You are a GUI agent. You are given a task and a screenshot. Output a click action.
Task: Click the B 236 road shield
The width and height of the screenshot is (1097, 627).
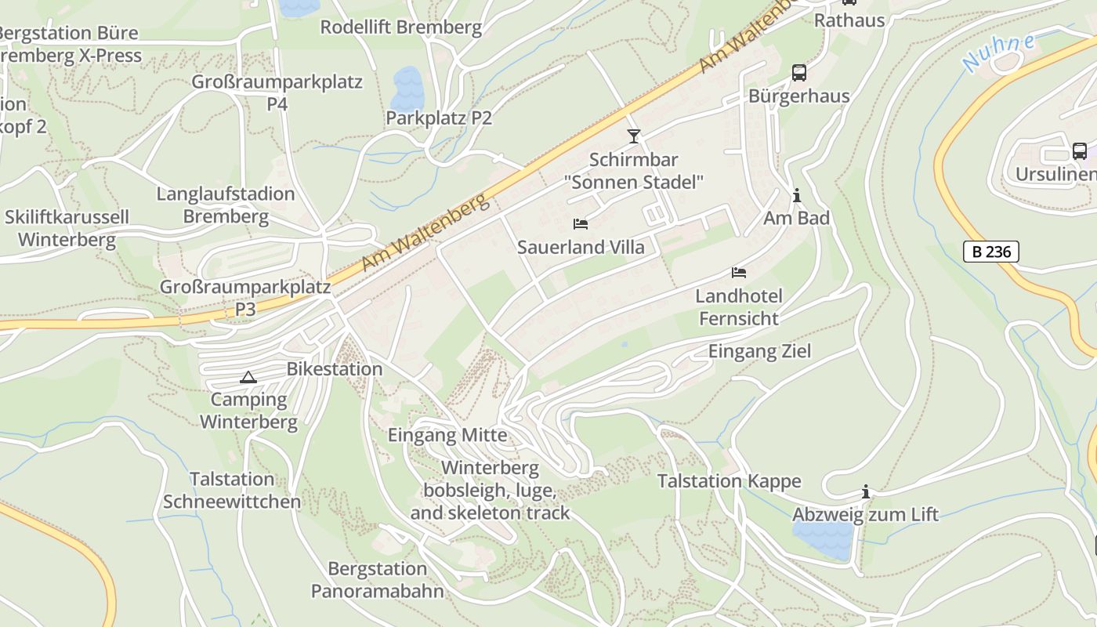(x=990, y=252)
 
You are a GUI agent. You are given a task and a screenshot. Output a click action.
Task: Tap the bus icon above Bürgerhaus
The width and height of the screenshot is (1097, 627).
(x=798, y=73)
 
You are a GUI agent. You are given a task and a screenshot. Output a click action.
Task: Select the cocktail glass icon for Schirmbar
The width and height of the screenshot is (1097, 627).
(x=634, y=136)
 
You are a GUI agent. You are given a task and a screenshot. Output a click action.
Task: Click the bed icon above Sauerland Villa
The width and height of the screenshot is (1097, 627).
(x=581, y=224)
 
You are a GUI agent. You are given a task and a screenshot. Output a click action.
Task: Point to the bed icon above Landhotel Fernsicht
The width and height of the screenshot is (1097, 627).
(x=739, y=273)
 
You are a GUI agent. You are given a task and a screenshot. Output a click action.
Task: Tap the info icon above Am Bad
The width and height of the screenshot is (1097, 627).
(x=797, y=195)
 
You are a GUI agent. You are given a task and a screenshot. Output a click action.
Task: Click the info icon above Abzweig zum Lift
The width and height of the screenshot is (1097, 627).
(x=865, y=491)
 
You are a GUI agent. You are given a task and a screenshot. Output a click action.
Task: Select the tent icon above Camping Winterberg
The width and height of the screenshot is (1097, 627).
(x=248, y=377)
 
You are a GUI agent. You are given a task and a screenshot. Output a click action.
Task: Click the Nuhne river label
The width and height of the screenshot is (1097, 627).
(x=998, y=53)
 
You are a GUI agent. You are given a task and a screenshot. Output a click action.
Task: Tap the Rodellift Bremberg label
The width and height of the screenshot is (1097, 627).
(x=400, y=27)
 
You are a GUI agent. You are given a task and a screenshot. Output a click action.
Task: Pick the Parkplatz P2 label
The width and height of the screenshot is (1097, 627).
(x=439, y=118)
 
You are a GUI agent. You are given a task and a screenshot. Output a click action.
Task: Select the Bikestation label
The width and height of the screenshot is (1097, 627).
(x=335, y=369)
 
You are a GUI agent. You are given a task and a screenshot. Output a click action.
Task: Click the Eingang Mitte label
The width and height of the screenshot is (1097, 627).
(x=447, y=436)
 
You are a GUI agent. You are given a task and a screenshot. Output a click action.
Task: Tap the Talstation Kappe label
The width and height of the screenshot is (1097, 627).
(x=729, y=481)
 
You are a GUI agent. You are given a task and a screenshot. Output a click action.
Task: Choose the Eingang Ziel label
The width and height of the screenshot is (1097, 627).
(x=759, y=351)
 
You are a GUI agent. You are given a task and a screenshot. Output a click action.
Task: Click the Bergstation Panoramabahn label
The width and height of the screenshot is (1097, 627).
(x=378, y=580)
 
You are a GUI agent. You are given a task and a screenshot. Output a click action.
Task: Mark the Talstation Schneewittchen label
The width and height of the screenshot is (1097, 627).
(x=232, y=491)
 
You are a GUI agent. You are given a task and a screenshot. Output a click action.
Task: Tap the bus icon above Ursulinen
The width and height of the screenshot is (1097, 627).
(x=1079, y=150)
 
